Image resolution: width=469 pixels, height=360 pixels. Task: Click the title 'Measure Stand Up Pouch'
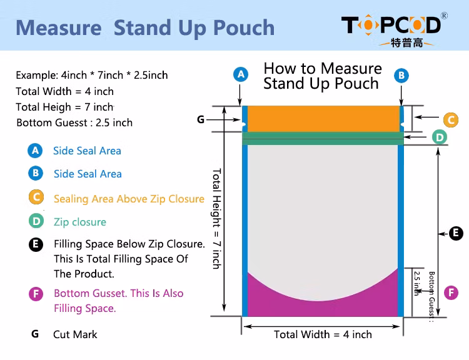click(x=145, y=27)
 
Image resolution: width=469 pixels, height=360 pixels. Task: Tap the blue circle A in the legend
click(x=35, y=151)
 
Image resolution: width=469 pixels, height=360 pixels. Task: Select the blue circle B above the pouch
click(x=401, y=75)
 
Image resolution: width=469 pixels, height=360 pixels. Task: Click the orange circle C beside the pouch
click(x=451, y=119)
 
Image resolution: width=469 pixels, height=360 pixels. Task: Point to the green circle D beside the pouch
click(x=440, y=137)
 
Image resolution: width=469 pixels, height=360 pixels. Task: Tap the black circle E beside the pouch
click(x=456, y=233)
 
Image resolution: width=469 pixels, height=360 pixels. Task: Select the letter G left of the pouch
click(x=201, y=119)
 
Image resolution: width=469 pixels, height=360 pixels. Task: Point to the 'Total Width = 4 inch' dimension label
click(x=323, y=334)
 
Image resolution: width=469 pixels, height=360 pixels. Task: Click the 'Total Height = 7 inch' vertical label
click(x=216, y=218)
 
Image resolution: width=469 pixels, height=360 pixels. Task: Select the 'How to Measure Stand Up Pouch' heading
click(x=322, y=76)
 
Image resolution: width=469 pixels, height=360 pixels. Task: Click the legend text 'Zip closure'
click(x=80, y=222)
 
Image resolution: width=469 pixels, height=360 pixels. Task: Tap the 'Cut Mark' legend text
click(x=75, y=334)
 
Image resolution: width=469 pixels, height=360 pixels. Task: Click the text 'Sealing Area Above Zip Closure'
click(x=129, y=199)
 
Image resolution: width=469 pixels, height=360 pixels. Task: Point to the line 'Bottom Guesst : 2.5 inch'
click(x=74, y=122)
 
